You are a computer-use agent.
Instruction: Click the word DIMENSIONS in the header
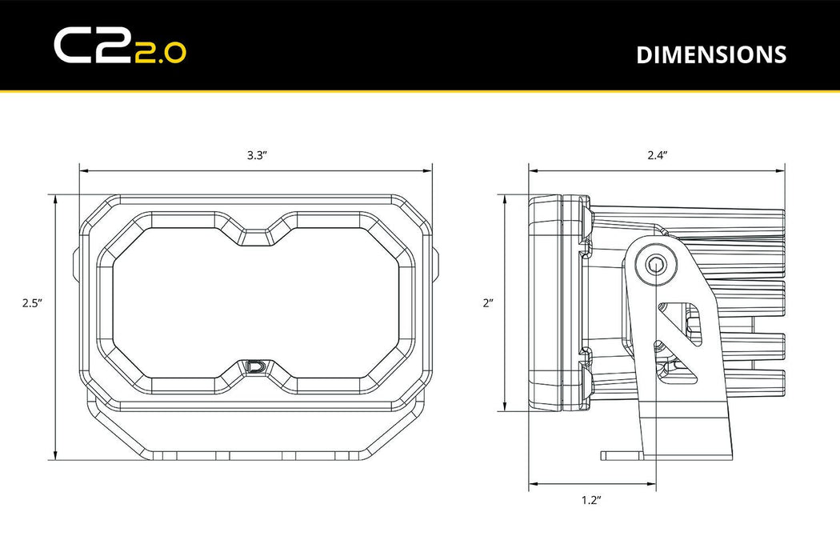tap(710, 54)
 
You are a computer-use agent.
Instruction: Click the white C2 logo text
tap(82, 46)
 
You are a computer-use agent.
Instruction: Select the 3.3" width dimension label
tap(256, 155)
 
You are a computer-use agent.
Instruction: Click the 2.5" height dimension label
tap(31, 303)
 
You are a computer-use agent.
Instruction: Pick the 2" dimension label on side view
tap(488, 303)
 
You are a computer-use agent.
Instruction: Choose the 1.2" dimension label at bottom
tap(590, 501)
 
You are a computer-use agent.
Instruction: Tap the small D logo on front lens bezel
tap(256, 367)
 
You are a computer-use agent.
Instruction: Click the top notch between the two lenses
tap(256, 235)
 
